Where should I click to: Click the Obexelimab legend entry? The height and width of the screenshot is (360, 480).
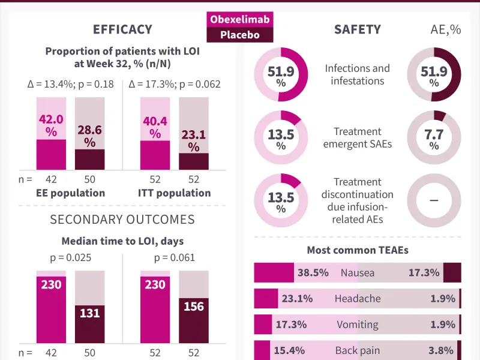[x=239, y=19]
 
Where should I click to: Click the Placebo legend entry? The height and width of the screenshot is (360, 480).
[x=239, y=35]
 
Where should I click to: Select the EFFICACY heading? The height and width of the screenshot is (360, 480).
[x=122, y=29]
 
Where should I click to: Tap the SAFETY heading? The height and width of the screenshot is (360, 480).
[x=358, y=29]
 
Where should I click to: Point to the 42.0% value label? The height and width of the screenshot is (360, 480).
[x=51, y=125]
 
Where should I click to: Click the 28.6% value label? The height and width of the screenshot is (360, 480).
[x=89, y=136]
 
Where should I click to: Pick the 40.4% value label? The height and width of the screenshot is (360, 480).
[x=155, y=127]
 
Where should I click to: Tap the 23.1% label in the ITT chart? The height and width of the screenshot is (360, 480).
[x=194, y=141]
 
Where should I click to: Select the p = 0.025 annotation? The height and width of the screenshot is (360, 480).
[x=71, y=258]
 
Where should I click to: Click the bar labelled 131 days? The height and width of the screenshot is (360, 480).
[x=89, y=324]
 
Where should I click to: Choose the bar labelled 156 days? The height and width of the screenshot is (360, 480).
[x=194, y=320]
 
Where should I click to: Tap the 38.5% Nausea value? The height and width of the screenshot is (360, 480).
[x=313, y=272]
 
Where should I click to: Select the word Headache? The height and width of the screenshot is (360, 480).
[x=358, y=298]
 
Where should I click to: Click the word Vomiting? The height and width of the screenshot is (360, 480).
[x=358, y=325]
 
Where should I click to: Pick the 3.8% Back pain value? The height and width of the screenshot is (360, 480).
[x=440, y=350]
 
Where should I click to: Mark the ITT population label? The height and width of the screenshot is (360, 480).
[x=175, y=193]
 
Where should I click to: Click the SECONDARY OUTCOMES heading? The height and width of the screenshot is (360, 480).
[x=122, y=220]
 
